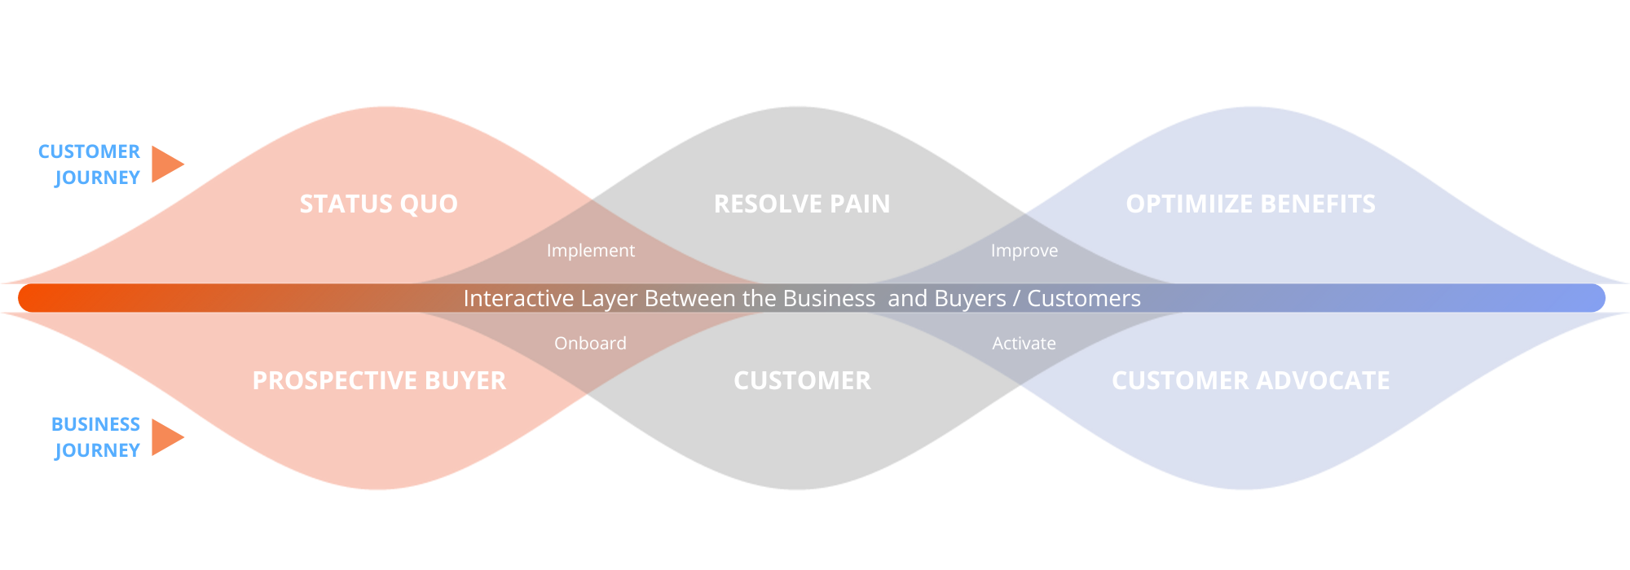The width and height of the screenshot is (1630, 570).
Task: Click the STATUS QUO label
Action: click(378, 204)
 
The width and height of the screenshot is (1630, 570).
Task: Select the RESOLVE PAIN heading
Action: click(802, 204)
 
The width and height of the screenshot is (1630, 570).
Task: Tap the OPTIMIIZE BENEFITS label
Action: click(1250, 204)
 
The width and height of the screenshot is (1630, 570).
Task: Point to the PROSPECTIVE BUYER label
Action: click(379, 380)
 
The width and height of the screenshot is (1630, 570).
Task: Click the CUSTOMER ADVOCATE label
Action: click(1250, 380)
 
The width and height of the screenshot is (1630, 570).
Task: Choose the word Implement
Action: click(590, 251)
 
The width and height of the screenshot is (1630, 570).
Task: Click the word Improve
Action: click(1024, 251)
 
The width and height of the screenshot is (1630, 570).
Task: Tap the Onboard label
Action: click(590, 344)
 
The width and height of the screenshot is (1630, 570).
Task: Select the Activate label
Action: click(1024, 344)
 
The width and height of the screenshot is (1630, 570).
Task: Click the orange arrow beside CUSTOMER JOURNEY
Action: click(165, 164)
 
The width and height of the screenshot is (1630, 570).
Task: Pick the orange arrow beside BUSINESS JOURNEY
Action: click(165, 437)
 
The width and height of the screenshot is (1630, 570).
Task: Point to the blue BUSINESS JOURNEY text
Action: click(96, 437)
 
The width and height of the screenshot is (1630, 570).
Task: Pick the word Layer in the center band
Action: click(608, 299)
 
